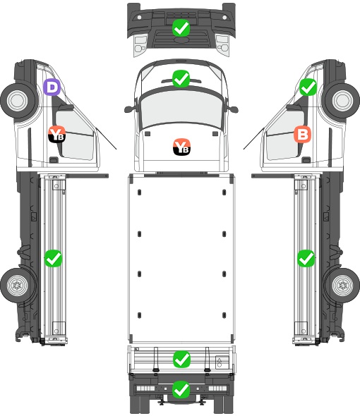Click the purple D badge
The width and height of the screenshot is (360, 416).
[52, 87]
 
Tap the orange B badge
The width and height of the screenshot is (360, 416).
[302, 134]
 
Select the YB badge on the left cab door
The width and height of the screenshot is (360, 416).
[57, 134]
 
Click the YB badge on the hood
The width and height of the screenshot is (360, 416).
[181, 147]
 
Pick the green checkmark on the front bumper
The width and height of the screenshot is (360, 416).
[181, 27]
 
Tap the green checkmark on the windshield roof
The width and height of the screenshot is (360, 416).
[181, 78]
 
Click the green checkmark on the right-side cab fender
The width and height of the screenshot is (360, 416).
[308, 87]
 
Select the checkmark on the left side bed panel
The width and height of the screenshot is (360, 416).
[53, 258]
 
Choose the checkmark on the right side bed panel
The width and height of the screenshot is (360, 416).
[306, 258]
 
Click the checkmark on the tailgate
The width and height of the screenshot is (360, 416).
[181, 359]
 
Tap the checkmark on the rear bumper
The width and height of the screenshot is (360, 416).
[181, 389]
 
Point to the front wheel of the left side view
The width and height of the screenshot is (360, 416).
[18, 101]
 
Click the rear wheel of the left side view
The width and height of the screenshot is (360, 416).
[18, 285]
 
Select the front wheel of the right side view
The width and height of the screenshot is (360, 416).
[342, 101]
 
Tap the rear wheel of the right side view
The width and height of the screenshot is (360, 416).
[342, 285]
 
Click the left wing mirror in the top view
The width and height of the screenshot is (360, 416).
[129, 109]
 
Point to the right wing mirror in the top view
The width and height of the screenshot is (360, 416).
[233, 109]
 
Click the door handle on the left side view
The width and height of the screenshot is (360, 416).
[54, 160]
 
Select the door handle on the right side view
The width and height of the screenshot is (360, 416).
[306, 160]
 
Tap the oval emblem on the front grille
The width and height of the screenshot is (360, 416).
[181, 39]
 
